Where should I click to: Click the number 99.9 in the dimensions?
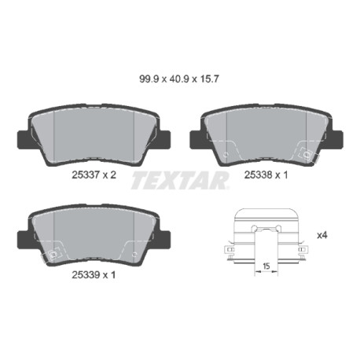pyautogui.click(x=149, y=79)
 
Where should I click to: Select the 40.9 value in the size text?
pyautogui.click(x=179, y=79)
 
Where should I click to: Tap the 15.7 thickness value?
pyautogui.click(x=208, y=79)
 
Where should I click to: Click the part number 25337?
pyautogui.click(x=86, y=174)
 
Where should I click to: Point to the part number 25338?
pyautogui.click(x=258, y=174)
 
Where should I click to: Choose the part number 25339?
pyautogui.click(x=86, y=275)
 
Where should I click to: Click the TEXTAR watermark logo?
pyautogui.click(x=180, y=180)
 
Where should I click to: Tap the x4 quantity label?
pyautogui.click(x=322, y=235)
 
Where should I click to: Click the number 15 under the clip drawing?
pyautogui.click(x=266, y=266)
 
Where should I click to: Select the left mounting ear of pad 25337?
pyautogui.click(x=23, y=139)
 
